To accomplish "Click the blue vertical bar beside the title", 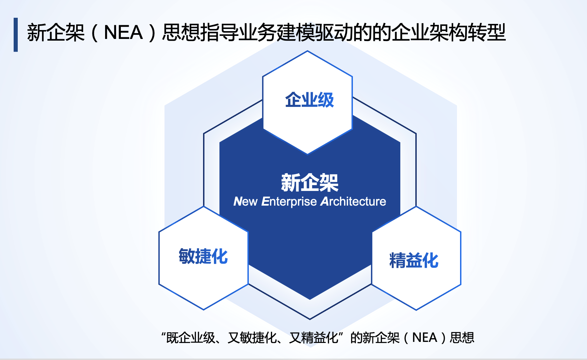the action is (16, 35).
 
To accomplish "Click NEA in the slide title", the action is (123, 33).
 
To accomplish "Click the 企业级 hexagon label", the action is (310, 100).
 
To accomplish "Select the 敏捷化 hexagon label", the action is (203, 256).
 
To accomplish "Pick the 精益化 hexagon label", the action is (414, 260).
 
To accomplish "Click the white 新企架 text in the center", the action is (310, 183).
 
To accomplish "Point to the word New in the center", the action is (245, 202).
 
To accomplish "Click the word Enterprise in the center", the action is (289, 202).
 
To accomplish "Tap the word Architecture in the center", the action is (353, 202).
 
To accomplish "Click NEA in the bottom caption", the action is (425, 337).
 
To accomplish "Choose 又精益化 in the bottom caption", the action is (313, 338).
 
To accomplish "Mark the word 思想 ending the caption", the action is (462, 338).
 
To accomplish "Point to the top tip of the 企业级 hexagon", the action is (307, 51).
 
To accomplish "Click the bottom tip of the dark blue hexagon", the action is (310, 300).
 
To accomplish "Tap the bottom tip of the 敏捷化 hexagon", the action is (204, 310).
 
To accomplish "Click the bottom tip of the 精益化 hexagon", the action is (416, 310).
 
